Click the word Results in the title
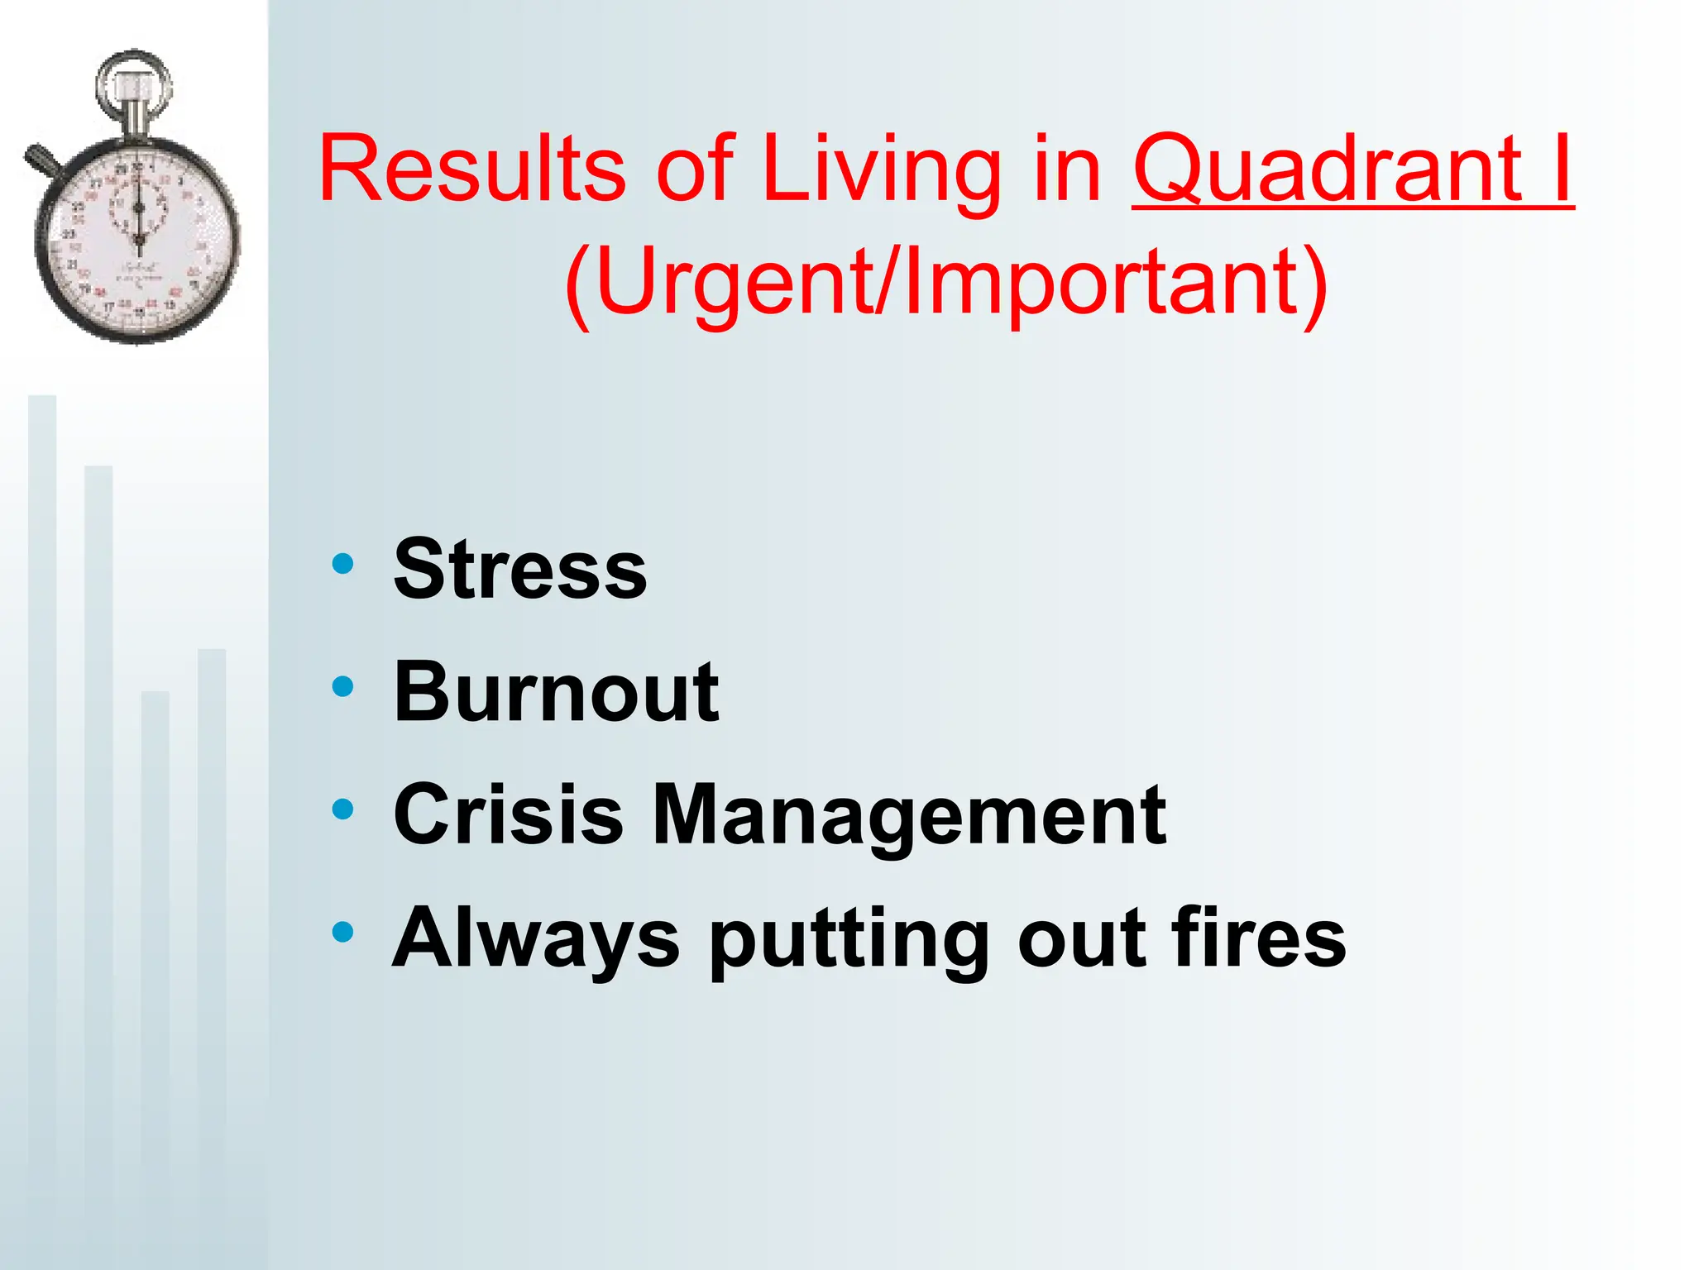point(471,169)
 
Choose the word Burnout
point(556,692)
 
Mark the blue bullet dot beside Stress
point(342,564)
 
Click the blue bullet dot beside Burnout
point(342,686)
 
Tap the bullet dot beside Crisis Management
point(342,809)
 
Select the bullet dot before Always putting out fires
point(342,932)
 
